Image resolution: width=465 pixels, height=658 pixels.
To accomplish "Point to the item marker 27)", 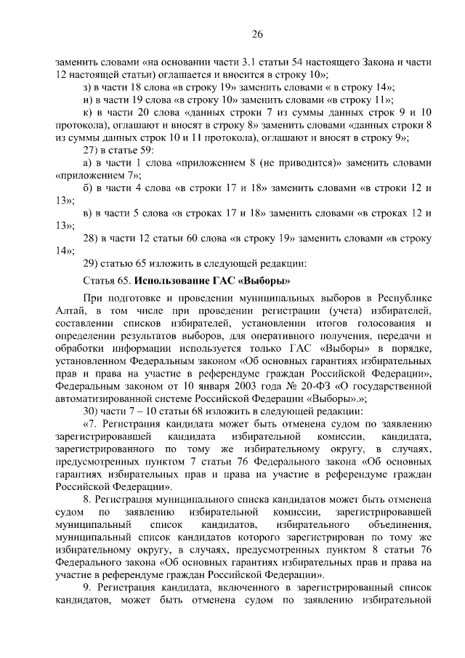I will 92,151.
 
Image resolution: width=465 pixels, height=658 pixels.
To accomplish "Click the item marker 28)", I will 92,238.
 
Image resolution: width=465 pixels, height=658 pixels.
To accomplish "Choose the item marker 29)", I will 92,262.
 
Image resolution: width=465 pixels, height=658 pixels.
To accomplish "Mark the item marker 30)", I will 92,411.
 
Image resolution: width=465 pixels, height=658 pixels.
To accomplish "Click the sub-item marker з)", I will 89,86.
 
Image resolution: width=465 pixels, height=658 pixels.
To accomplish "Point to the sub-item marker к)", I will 88,113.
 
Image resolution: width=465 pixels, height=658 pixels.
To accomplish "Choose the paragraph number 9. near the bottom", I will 88,588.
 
